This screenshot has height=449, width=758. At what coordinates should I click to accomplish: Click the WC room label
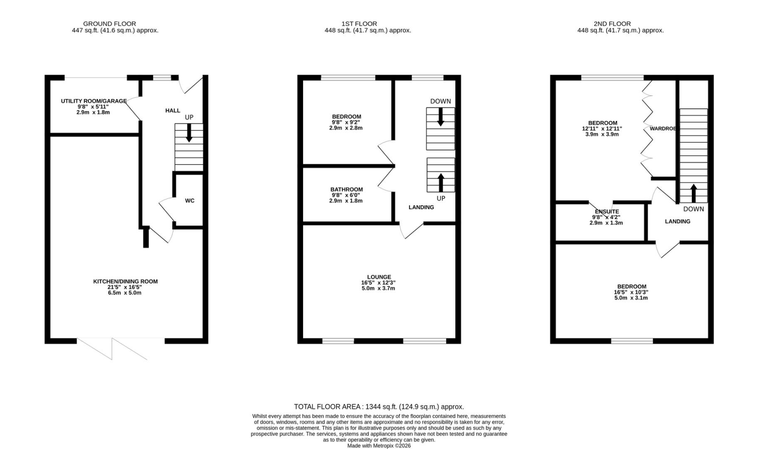click(x=190, y=201)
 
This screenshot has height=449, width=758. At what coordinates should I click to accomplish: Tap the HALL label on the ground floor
click(x=173, y=111)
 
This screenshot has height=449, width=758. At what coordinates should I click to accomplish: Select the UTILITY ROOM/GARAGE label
click(x=94, y=101)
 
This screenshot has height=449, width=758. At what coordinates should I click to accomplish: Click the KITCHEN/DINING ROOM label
click(x=125, y=281)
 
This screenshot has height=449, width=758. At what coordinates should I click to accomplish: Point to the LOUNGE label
click(x=379, y=277)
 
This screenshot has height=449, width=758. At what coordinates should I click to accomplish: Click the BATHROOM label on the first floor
click(x=346, y=190)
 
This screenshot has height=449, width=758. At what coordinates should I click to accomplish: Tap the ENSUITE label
click(x=607, y=212)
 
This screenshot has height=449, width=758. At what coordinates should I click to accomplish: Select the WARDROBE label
click(x=662, y=129)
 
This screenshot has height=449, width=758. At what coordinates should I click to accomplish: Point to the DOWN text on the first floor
click(x=440, y=101)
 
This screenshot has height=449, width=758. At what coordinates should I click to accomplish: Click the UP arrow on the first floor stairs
click(x=441, y=182)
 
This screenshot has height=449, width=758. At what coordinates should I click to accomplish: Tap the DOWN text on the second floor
click(x=693, y=209)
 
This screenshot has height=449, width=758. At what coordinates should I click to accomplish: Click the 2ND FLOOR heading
click(x=612, y=24)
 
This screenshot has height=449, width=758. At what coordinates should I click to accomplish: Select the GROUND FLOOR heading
click(x=109, y=24)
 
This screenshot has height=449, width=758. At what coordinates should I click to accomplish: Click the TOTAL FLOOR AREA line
click(x=379, y=407)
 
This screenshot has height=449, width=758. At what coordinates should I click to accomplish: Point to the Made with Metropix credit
click(x=379, y=446)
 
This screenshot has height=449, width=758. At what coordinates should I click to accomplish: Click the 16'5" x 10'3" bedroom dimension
click(x=631, y=292)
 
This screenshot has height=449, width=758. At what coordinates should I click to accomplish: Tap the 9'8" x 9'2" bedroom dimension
click(x=346, y=123)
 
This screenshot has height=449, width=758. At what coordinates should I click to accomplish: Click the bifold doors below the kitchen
click(x=112, y=348)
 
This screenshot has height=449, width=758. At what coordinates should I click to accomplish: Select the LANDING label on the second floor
click(x=677, y=222)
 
